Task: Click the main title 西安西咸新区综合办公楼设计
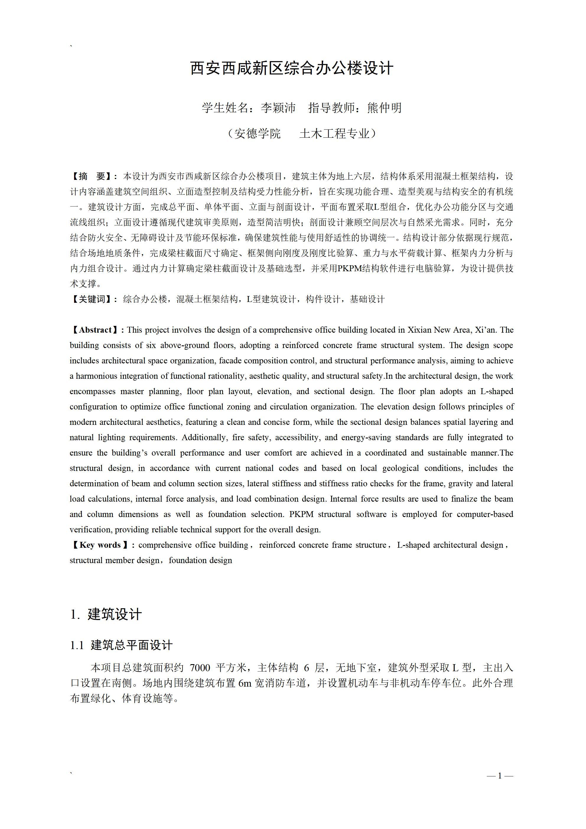pos(292,68)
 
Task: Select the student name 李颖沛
pos(278,108)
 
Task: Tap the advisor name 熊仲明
pos(384,108)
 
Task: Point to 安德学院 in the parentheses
pos(257,134)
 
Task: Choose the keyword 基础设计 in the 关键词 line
pos(367,299)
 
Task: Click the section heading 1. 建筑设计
pos(106,614)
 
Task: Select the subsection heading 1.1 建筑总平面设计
pos(121,645)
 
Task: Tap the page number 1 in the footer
pos(500,776)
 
